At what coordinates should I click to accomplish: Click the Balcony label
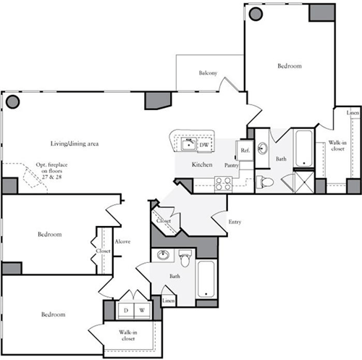(209, 74)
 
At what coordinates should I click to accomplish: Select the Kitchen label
(202, 165)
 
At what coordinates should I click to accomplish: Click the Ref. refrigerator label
(245, 151)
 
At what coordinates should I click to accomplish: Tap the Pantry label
(232, 166)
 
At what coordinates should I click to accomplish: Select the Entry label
(235, 222)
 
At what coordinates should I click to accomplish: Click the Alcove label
(122, 241)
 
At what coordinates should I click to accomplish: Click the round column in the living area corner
(12, 101)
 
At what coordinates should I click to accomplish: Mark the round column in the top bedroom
(255, 13)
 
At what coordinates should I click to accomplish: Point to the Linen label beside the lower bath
(169, 300)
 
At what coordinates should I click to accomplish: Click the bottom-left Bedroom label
(54, 315)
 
